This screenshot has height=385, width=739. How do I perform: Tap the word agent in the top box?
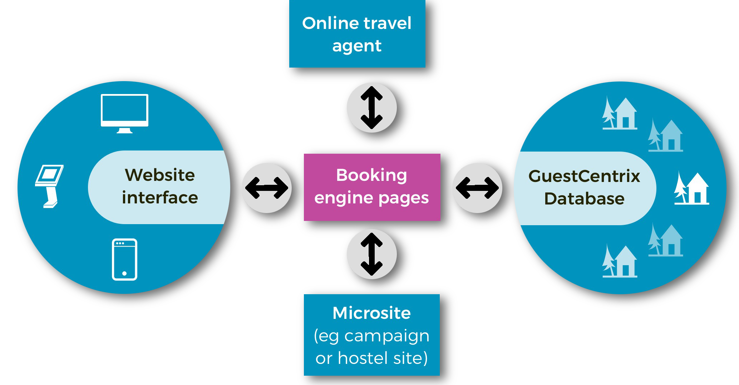(357, 46)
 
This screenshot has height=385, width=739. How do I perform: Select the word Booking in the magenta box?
(371, 175)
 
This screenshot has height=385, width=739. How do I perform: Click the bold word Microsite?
(371, 313)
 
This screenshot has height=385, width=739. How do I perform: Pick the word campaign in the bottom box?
(386, 336)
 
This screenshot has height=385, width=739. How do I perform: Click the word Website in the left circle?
(160, 175)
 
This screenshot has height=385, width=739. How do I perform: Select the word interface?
(160, 198)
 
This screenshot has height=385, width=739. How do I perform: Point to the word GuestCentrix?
(584, 176)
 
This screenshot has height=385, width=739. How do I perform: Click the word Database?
(584, 199)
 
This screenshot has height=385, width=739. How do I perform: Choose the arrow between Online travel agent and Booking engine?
(372, 108)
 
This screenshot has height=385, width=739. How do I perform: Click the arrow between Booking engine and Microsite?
(372, 254)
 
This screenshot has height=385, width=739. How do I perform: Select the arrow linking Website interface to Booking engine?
(267, 188)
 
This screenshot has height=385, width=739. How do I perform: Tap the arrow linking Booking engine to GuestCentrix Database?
(477, 188)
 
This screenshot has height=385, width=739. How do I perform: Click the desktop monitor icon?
(124, 113)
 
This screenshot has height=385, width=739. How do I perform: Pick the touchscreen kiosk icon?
(49, 186)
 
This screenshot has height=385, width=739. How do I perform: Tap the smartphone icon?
(124, 260)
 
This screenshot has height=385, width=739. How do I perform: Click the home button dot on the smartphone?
(124, 273)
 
